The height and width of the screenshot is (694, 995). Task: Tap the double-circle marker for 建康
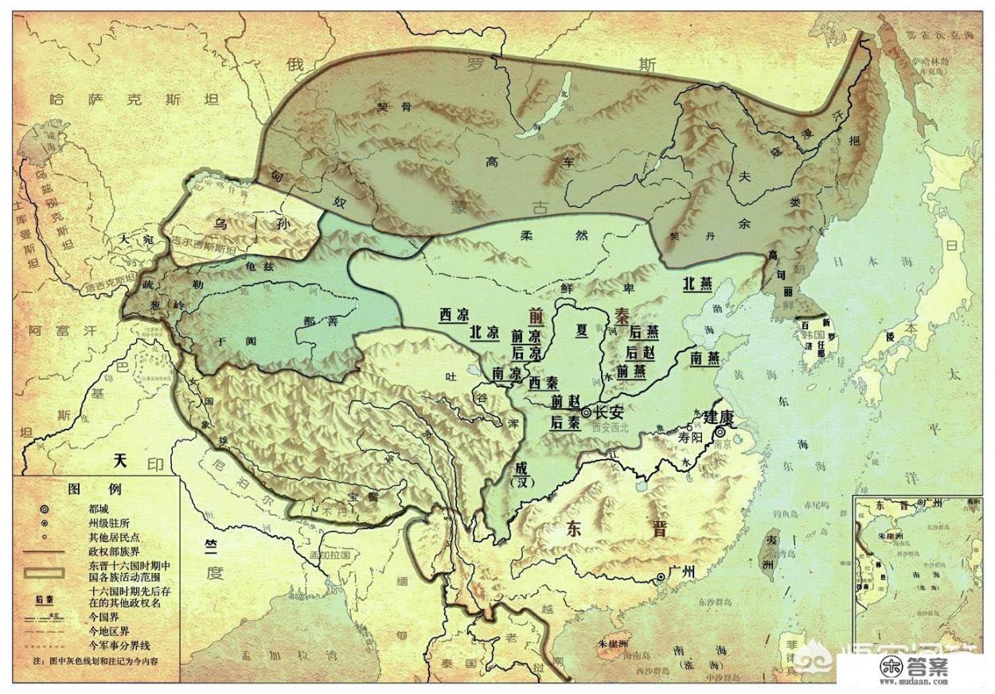pyautogui.click(x=720, y=431)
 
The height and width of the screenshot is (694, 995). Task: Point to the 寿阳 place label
pyautogui.click(x=689, y=436)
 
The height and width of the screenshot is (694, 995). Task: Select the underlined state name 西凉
pyautogui.click(x=455, y=314)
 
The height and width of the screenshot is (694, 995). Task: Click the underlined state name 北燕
pyautogui.click(x=698, y=283)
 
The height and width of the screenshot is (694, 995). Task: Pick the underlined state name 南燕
pyautogui.click(x=705, y=358)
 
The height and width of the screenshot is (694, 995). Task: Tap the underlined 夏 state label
pyautogui.click(x=582, y=329)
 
